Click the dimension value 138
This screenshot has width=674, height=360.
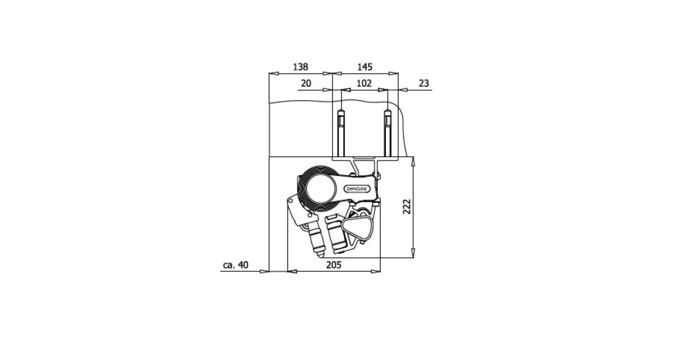(x=300, y=67)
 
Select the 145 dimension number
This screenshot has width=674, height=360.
(x=365, y=67)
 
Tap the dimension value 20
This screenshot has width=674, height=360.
(x=306, y=83)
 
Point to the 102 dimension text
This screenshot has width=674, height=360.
(x=364, y=83)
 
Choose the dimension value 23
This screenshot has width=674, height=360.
(x=423, y=83)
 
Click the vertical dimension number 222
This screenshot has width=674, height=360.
(x=407, y=207)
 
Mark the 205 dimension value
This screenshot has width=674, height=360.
(x=334, y=265)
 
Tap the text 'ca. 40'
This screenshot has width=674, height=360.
(x=235, y=265)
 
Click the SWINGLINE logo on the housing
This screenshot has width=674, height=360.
(x=357, y=189)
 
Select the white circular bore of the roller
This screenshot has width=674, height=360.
(x=321, y=189)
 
